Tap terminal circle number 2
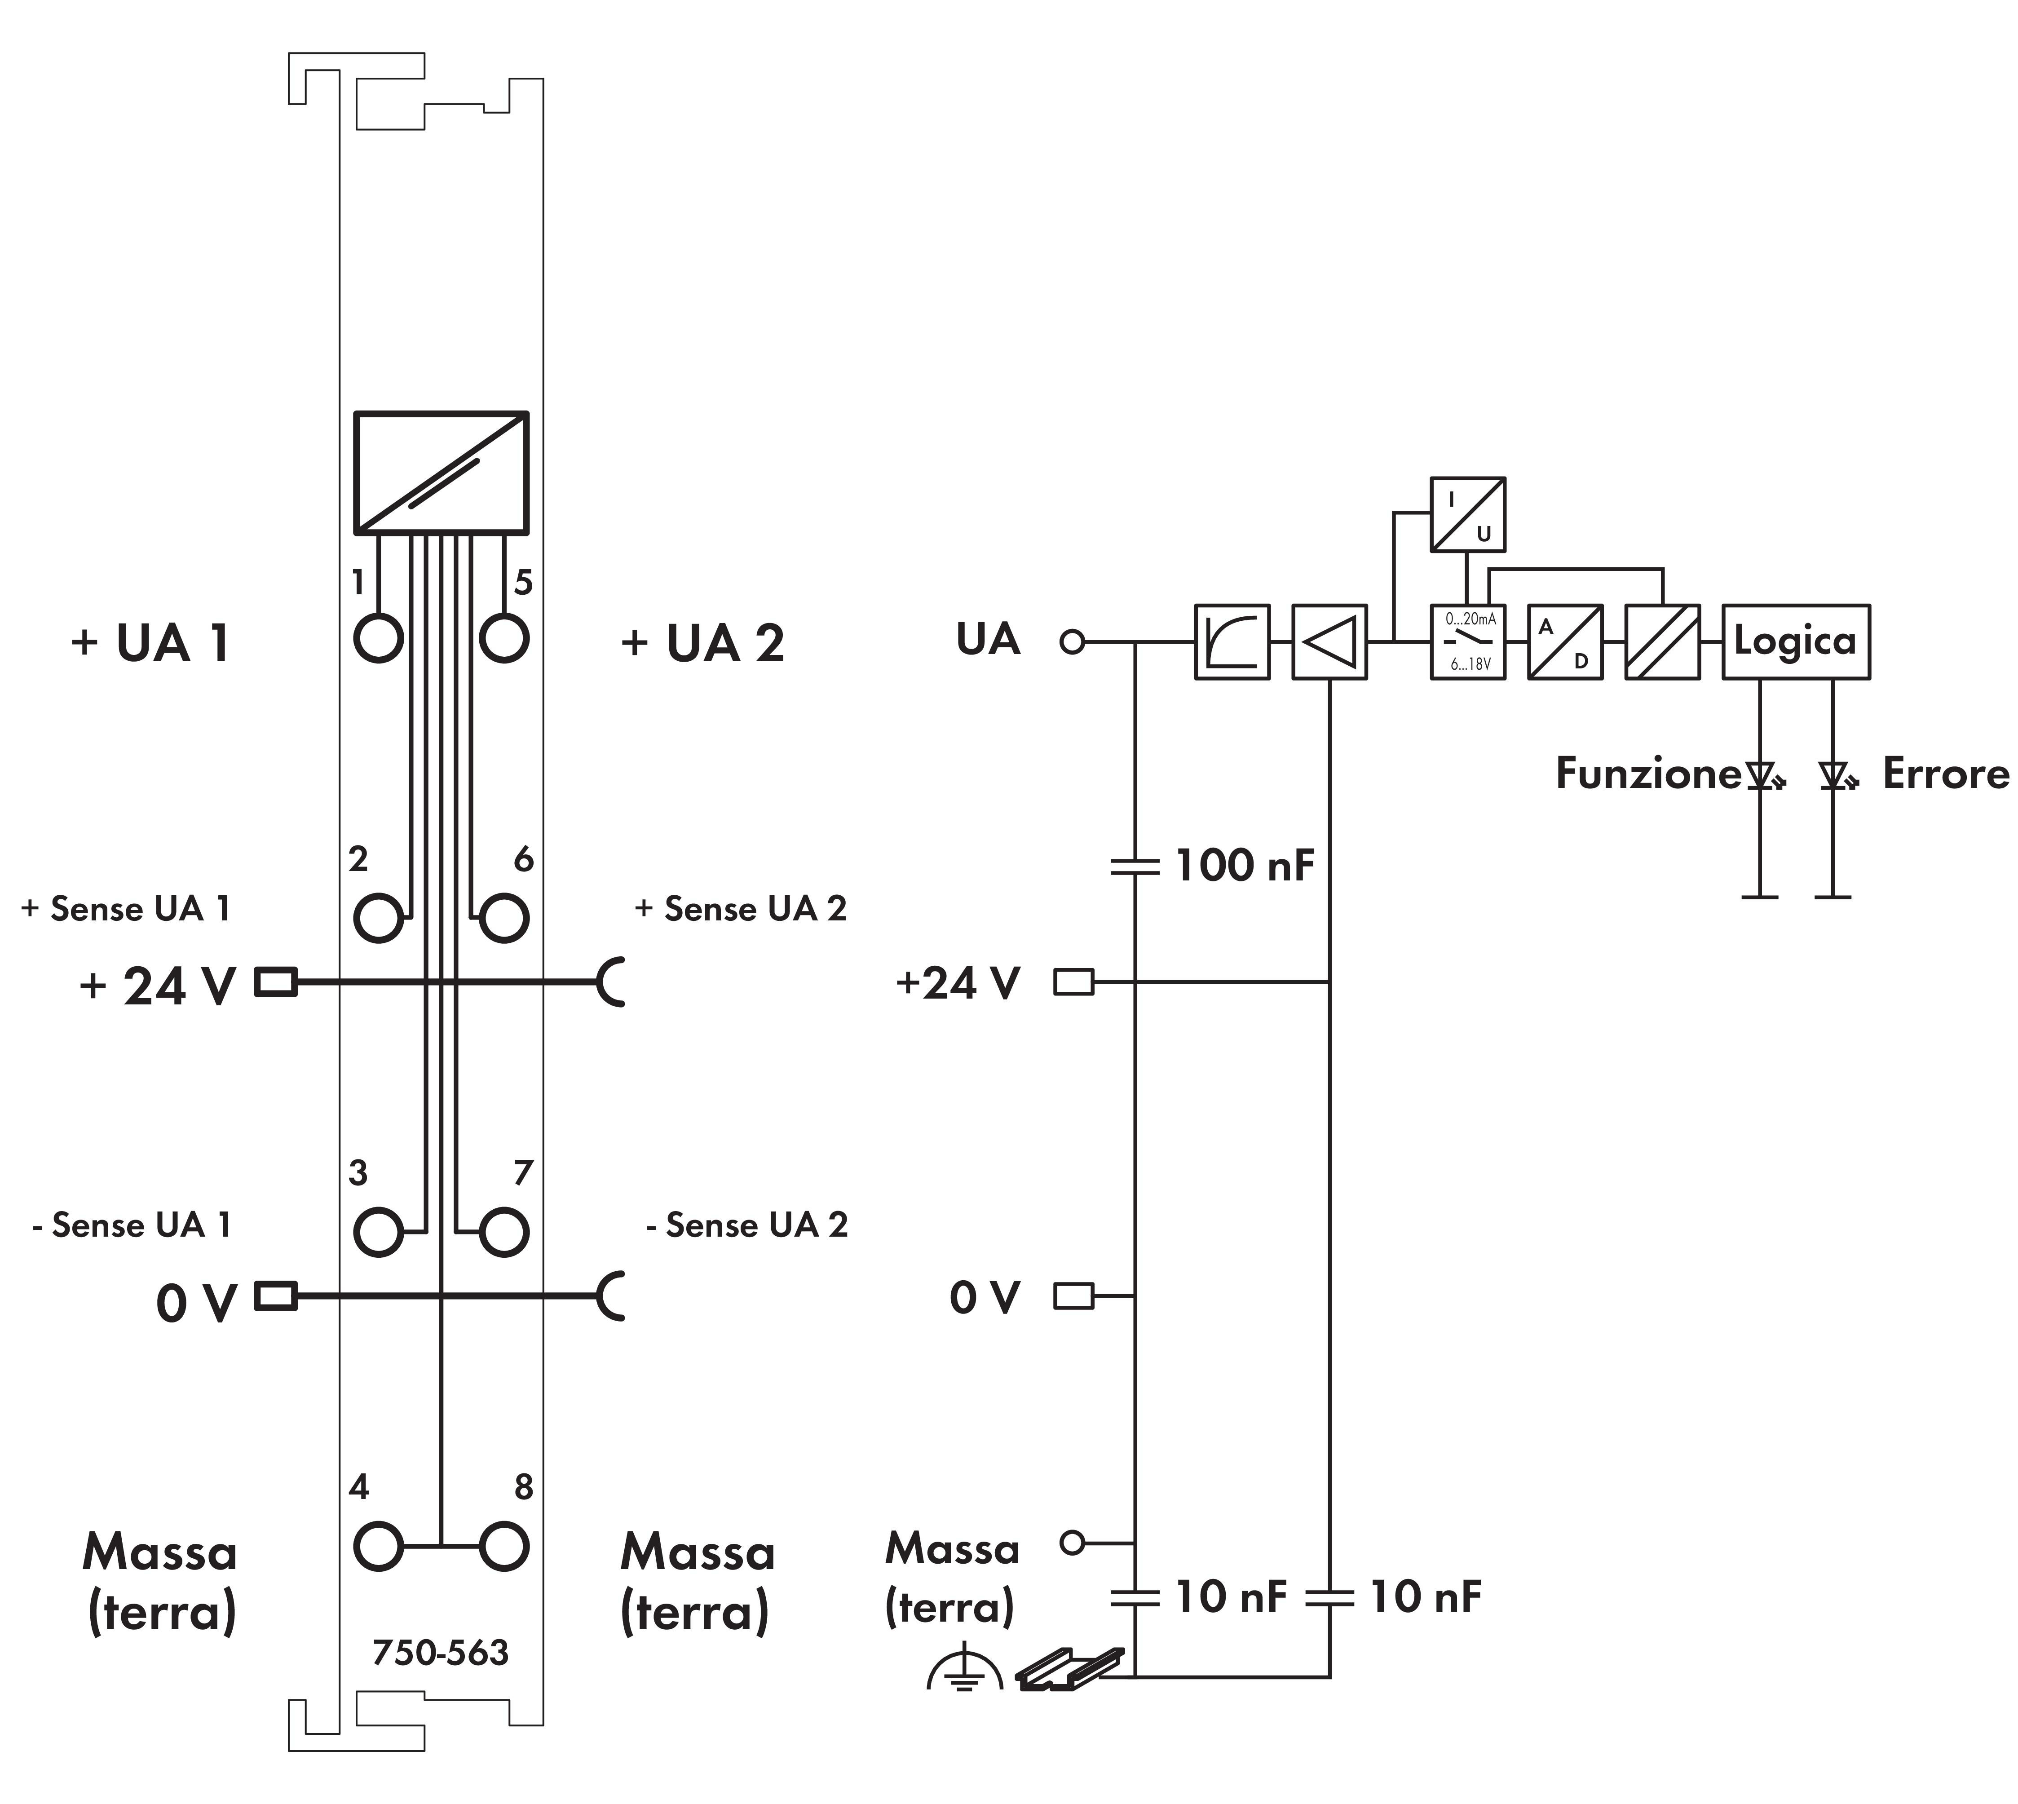tap(378, 917)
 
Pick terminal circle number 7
tap(503, 1232)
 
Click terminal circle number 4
tap(378, 1546)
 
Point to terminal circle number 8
tap(503, 1546)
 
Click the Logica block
tap(1795, 641)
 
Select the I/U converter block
tap(1467, 514)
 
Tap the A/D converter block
tap(1564, 641)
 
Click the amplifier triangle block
tap(1329, 641)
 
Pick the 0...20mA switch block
tap(1467, 641)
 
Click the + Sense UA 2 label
tap(740, 909)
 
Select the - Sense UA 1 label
tap(132, 1225)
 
